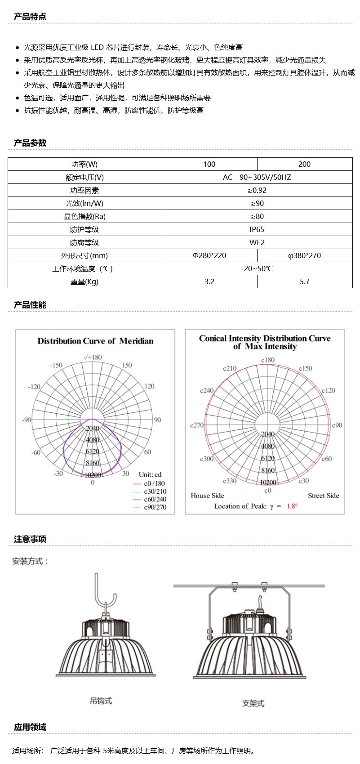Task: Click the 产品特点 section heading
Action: pyautogui.click(x=30, y=17)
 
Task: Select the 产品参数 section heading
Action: pyautogui.click(x=30, y=143)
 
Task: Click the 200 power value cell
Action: pyautogui.click(x=304, y=164)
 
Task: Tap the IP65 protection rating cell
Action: pyautogui.click(x=257, y=229)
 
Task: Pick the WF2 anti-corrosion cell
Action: pyautogui.click(x=257, y=242)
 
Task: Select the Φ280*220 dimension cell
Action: pyautogui.click(x=209, y=255)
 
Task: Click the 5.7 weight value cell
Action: pyautogui.click(x=304, y=281)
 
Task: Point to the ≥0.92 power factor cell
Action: pyautogui.click(x=257, y=190)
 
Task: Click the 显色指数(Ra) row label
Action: pyautogui.click(x=84, y=216)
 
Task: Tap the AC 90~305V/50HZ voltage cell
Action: pyautogui.click(x=257, y=177)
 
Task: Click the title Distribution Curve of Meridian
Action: pyautogui.click(x=95, y=341)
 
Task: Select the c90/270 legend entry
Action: pyautogui.click(x=155, y=507)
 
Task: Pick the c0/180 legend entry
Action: pyautogui.click(x=154, y=483)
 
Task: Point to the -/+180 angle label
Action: pyautogui.click(x=93, y=357)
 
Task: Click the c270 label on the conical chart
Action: pyautogui.click(x=197, y=425)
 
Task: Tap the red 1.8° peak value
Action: pyautogui.click(x=292, y=506)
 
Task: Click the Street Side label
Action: pyautogui.click(x=323, y=496)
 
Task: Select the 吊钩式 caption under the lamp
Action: pyautogui.click(x=101, y=701)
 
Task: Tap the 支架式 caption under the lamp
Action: pyautogui.click(x=253, y=703)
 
